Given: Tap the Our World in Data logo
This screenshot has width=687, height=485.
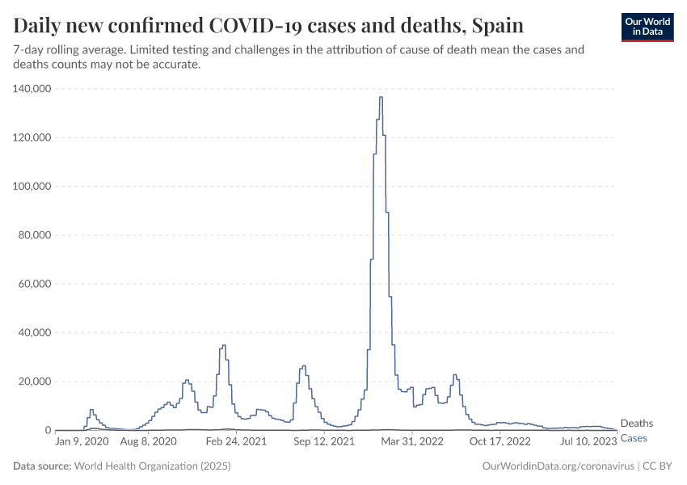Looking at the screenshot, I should (647, 27).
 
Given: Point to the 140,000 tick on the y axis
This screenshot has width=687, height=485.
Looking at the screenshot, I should (32, 89).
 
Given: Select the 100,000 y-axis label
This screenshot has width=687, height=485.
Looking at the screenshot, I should (32, 187).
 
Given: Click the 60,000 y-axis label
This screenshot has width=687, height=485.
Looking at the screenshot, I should (35, 284).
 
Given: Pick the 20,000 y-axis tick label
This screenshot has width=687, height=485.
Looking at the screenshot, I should (35, 382).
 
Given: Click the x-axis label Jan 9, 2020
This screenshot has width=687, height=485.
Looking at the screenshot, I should (81, 442).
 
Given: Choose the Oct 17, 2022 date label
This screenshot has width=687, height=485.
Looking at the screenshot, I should (500, 442).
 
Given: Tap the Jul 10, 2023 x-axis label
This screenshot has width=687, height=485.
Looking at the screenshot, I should (588, 442).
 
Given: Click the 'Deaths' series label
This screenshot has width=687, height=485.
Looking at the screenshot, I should (636, 424).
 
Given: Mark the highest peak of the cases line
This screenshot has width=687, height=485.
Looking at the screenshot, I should (381, 98).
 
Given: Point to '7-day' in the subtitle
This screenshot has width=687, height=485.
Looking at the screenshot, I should (29, 50).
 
